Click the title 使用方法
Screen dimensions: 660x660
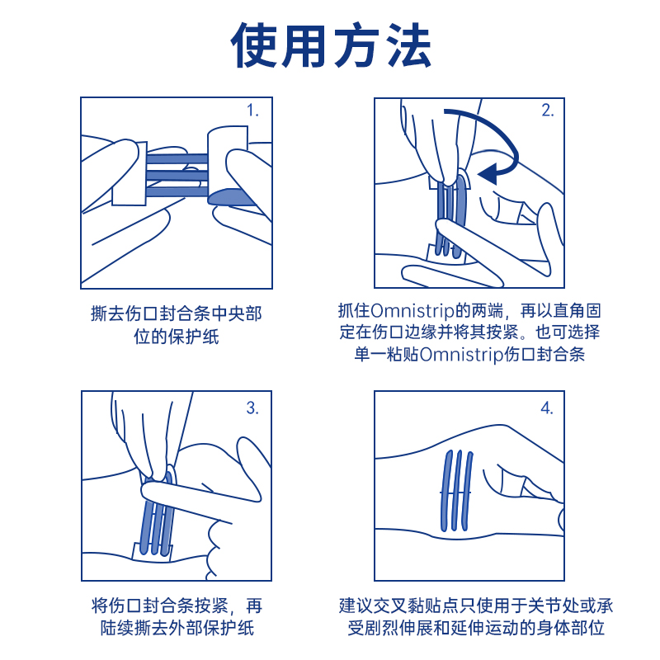331,45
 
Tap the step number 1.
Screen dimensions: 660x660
252,111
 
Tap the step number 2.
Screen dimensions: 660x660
547,111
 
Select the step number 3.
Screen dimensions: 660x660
252,408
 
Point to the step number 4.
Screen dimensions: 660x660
546,408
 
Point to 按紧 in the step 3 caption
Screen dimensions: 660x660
210,606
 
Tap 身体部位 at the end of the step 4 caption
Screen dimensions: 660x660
570,629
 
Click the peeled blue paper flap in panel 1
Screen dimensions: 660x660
231,197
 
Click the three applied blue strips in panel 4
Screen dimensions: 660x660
456,491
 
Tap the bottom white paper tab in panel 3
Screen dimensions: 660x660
153,553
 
